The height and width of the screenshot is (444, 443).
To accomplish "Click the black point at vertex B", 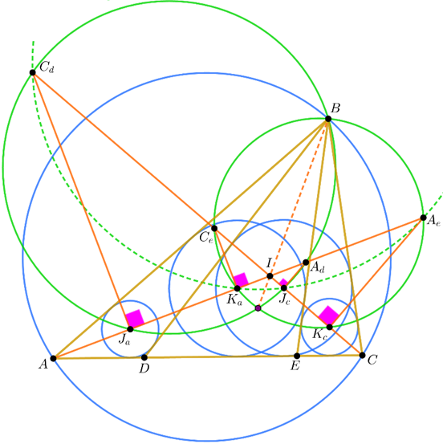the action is [328, 119].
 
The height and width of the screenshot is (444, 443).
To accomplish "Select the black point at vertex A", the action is [53, 358].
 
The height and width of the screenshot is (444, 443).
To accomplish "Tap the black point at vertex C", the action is [362, 355].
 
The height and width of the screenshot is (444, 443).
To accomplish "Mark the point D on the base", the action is [144, 357].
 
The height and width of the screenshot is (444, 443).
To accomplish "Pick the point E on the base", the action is [297, 356].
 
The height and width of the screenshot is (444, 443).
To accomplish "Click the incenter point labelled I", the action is [270, 276].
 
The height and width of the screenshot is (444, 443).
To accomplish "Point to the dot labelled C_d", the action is [33, 72].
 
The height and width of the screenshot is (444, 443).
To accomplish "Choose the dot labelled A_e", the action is [423, 218].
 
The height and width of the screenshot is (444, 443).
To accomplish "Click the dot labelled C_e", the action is [214, 228].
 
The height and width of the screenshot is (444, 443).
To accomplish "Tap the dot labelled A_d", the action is [306, 263].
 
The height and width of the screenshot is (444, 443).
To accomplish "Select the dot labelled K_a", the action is [238, 288].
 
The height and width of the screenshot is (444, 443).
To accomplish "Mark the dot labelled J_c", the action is [284, 288].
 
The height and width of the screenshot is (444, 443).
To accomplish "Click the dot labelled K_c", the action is [330, 327].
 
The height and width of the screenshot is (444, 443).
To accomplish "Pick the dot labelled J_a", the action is [130, 329].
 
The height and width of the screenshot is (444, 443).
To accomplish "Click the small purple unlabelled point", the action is [258, 308].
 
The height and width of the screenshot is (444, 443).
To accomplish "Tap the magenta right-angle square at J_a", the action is [135, 318].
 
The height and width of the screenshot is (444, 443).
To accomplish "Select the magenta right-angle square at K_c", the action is [329, 316].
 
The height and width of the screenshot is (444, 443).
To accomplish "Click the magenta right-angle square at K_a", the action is [241, 279].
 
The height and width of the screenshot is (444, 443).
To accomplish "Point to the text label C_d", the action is [47, 67].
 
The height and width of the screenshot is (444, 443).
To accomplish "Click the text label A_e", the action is [433, 220].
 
